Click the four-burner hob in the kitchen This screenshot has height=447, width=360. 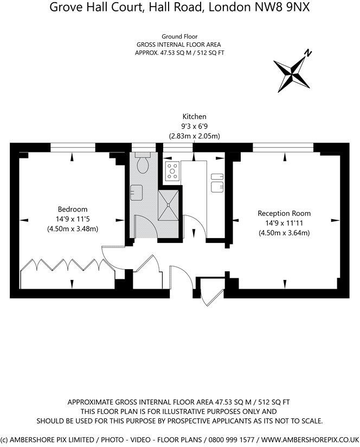pos(172,171)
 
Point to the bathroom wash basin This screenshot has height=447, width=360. pos(136,192)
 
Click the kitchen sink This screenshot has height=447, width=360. pos(217,183)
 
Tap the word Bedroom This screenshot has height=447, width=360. pos(73,209)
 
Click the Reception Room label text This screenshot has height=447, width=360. pos(285,213)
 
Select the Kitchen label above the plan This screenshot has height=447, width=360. pos(194,117)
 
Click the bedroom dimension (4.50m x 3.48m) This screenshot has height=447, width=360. pos(73,229)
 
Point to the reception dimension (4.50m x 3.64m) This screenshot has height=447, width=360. pos(285,233)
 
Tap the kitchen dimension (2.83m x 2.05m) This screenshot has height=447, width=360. pos(194,136)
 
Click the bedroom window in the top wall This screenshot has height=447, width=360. pos(72,146)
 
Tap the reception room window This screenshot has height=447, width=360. pos(285,146)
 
